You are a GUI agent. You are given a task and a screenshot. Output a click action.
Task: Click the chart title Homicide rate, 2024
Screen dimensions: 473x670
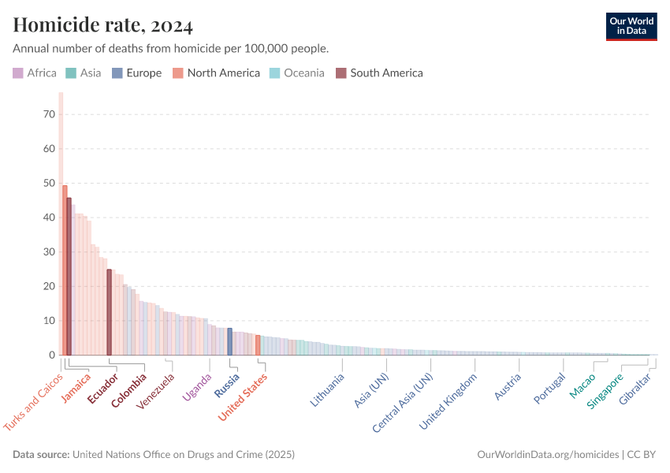103,26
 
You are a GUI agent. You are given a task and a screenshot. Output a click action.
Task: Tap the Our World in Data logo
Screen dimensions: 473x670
631,26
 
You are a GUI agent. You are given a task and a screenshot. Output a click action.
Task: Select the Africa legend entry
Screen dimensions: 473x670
35,73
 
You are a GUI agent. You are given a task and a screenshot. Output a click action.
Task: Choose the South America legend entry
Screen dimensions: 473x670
379,73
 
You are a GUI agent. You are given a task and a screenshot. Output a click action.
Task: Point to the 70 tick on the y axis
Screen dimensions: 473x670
49,114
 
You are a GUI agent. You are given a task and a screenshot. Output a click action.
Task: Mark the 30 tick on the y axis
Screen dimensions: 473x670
49,252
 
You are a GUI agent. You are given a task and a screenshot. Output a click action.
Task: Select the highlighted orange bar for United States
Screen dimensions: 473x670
258,345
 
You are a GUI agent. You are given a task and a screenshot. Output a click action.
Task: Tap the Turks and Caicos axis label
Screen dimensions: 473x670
34,401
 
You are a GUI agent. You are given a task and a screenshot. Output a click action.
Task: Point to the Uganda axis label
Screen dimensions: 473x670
197,387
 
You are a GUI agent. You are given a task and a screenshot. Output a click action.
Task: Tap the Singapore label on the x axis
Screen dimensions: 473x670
605,391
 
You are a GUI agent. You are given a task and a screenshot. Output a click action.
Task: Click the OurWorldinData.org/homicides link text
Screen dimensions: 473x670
549,455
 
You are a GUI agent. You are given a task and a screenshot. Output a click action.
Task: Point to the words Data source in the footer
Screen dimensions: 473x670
40,455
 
